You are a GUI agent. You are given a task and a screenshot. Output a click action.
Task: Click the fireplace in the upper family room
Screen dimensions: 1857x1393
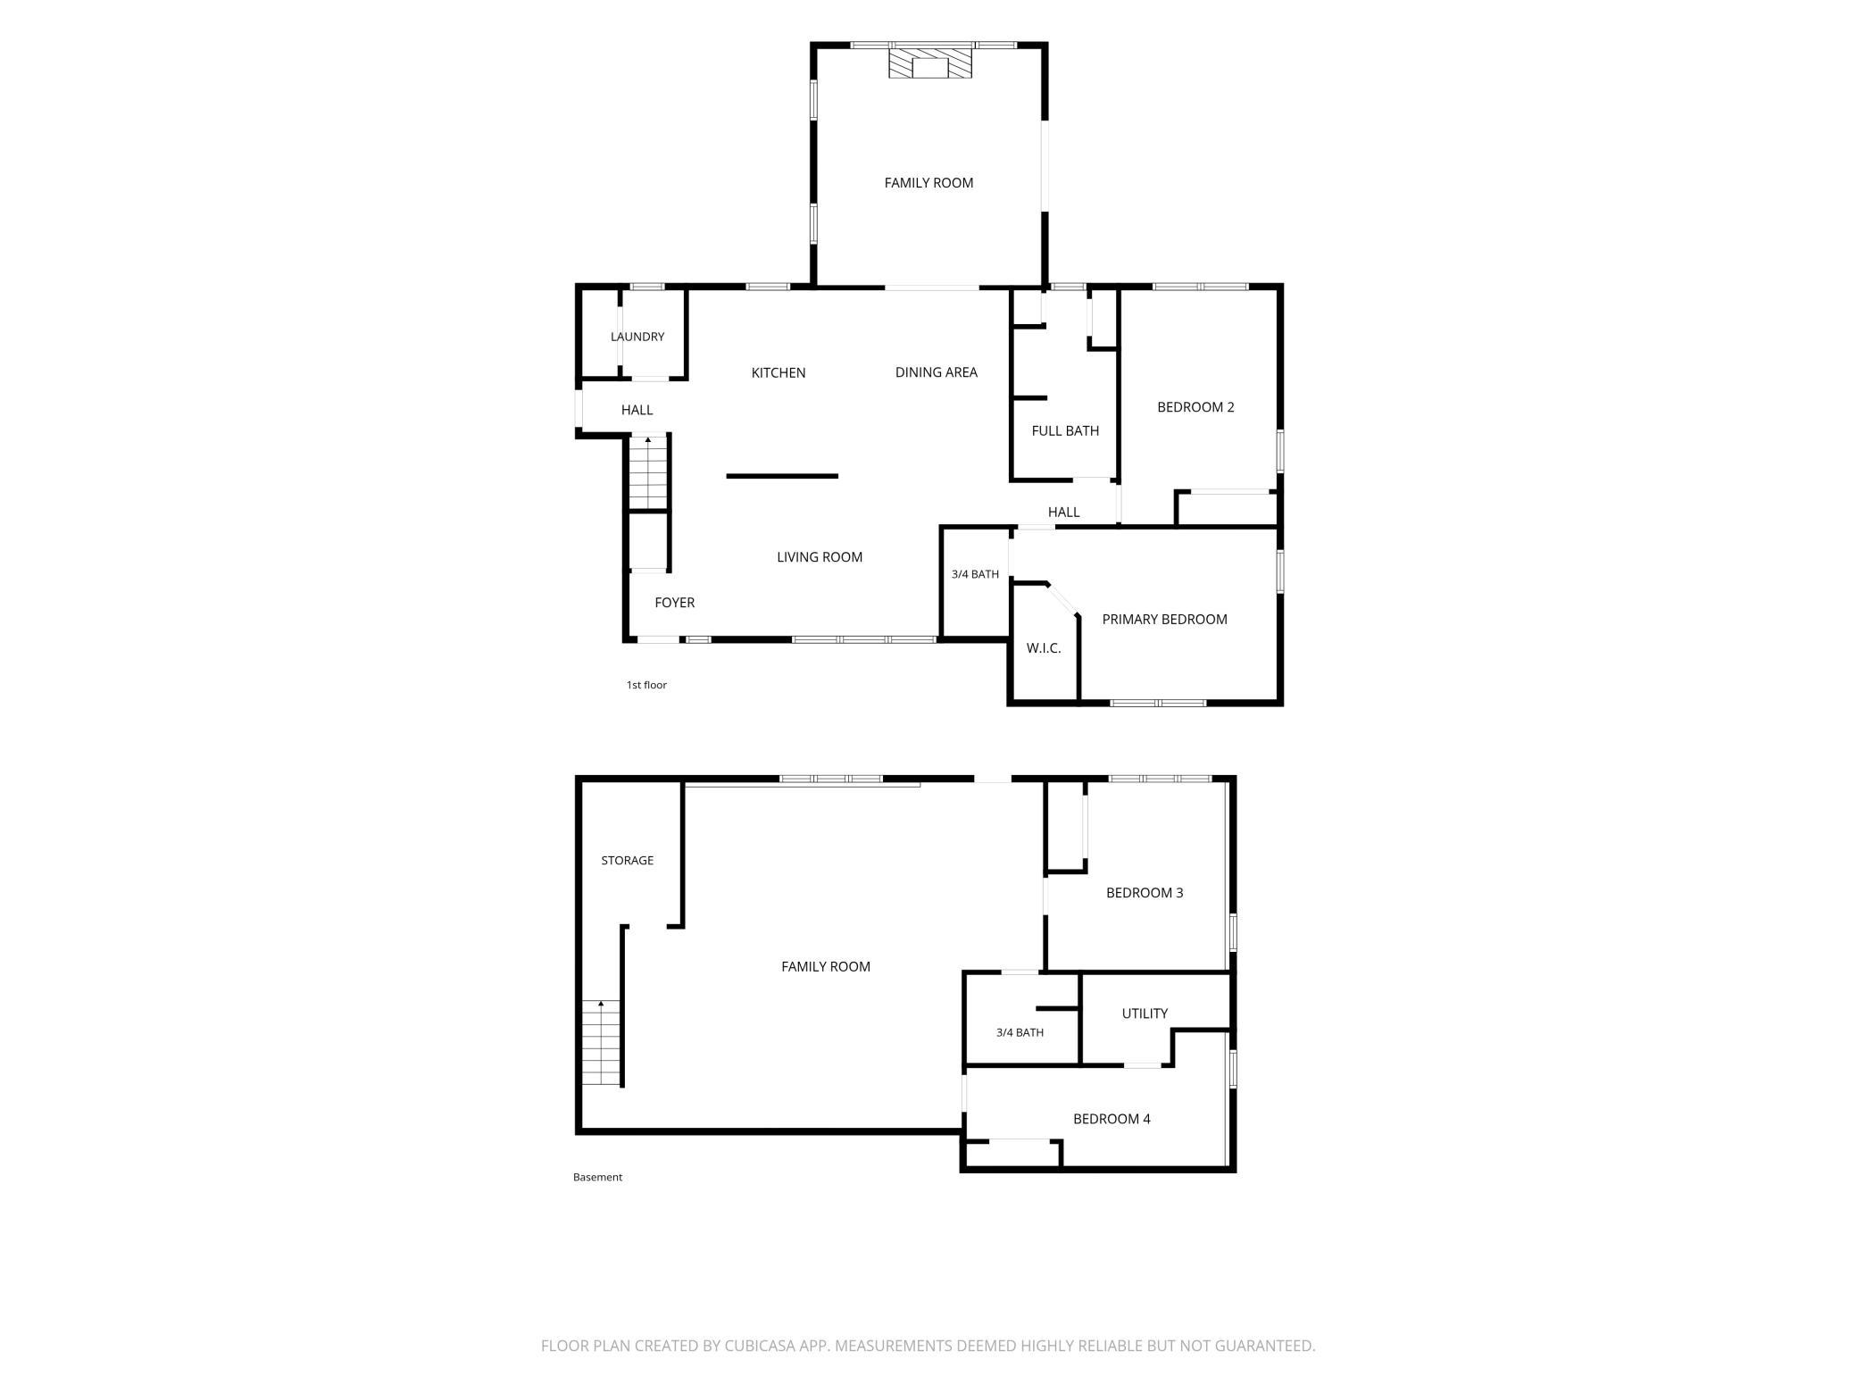pyautogui.click(x=929, y=63)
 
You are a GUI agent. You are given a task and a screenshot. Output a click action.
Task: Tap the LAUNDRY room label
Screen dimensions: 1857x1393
pyautogui.click(x=637, y=337)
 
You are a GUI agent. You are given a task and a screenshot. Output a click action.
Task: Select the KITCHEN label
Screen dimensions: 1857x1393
pyautogui.click(x=779, y=372)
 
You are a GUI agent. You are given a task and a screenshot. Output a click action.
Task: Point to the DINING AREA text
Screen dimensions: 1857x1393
pyautogui.click(x=937, y=372)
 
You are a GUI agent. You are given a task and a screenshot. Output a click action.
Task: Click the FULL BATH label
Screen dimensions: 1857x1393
pyautogui.click(x=1065, y=430)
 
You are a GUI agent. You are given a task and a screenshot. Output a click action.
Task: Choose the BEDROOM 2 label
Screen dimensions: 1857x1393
pyautogui.click(x=1195, y=407)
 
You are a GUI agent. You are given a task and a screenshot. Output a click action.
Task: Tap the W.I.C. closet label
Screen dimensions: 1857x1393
pyautogui.click(x=1044, y=648)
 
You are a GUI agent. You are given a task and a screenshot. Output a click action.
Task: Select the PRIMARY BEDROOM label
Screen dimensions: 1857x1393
pyautogui.click(x=1164, y=620)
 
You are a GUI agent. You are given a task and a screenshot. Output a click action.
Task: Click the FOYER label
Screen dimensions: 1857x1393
pyautogui.click(x=674, y=603)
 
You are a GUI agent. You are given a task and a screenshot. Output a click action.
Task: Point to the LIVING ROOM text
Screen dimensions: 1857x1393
pyautogui.click(x=820, y=557)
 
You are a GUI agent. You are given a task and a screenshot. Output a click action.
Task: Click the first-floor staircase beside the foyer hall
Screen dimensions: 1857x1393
pyautogui.click(x=648, y=472)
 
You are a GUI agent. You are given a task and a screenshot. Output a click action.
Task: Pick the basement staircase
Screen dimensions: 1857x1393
pyautogui.click(x=602, y=1043)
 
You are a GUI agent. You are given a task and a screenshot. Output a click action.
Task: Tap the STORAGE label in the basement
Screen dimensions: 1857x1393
pyautogui.click(x=628, y=861)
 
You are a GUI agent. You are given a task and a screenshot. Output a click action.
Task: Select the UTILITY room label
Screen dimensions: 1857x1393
pyautogui.click(x=1145, y=1013)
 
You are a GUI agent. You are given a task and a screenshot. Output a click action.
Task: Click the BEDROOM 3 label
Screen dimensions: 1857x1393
pyautogui.click(x=1145, y=893)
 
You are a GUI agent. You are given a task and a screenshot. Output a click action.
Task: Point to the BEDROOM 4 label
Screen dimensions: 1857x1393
pyautogui.click(x=1112, y=1119)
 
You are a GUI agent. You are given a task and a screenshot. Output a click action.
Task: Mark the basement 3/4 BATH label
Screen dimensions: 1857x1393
pyautogui.click(x=1020, y=1032)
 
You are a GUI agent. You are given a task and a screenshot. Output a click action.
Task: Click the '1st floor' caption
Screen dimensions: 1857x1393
pyautogui.click(x=646, y=685)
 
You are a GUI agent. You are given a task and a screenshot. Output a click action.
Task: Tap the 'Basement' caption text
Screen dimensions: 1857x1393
pyautogui.click(x=597, y=1177)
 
